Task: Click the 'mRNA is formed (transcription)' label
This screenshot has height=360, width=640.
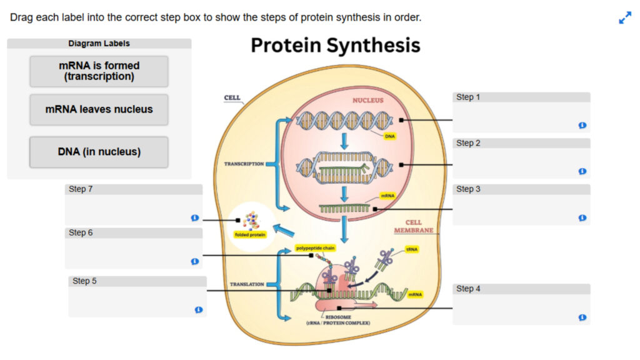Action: point(99,71)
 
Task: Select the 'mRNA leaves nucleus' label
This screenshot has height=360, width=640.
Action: point(99,109)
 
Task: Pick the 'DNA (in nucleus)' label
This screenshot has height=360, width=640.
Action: point(99,152)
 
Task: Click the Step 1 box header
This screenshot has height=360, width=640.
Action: point(521,97)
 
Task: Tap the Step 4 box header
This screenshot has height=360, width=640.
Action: point(521,289)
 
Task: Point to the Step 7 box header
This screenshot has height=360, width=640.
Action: point(134,189)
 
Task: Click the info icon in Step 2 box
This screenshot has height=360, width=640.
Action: point(582,171)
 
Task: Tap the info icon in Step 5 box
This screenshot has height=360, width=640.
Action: point(199,309)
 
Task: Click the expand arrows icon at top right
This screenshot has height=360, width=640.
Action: point(625,18)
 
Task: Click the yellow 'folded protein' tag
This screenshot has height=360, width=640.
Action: point(250,235)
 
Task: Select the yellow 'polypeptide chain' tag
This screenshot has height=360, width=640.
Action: point(316,248)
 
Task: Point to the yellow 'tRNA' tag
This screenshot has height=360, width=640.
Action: point(412,249)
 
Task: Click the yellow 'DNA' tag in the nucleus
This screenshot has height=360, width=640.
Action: point(390,136)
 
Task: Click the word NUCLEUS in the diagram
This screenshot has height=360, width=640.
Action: point(368,100)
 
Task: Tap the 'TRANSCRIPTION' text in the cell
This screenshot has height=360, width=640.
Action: point(244,164)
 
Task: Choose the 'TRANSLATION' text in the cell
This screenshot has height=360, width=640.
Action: point(247,284)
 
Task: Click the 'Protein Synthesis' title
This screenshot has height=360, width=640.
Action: point(336,46)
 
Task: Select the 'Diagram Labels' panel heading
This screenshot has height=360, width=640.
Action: point(99,44)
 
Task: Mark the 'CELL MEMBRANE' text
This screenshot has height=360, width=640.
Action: point(413,226)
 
